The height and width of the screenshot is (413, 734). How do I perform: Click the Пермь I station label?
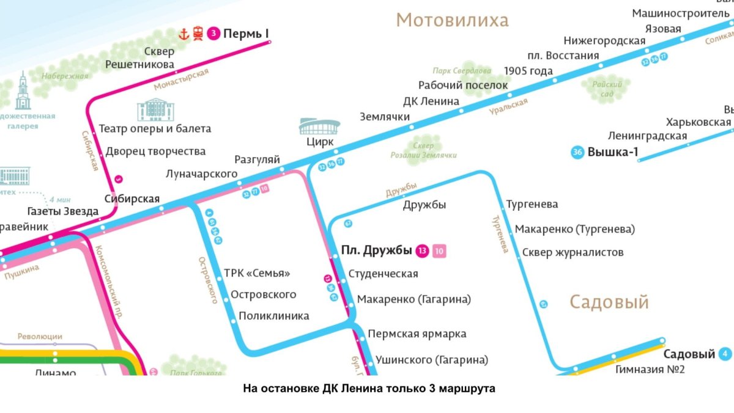pyautogui.click(x=246, y=34)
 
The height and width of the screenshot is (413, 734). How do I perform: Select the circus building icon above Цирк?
pyautogui.click(x=319, y=126)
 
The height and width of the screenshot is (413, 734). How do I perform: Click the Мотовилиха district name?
pyautogui.click(x=452, y=20)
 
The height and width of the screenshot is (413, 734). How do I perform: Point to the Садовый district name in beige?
pyautogui.click(x=609, y=302)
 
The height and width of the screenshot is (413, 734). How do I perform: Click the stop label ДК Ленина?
pyautogui.click(x=431, y=101)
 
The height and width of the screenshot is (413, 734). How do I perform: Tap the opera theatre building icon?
pyautogui.click(x=156, y=110)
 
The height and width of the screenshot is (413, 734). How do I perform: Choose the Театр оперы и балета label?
pyautogui.click(x=155, y=129)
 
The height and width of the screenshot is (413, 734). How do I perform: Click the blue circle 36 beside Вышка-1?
pyautogui.click(x=577, y=153)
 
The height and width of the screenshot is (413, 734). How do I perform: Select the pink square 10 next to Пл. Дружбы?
pyautogui.click(x=439, y=250)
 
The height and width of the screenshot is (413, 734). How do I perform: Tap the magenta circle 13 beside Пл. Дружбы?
pyautogui.click(x=422, y=250)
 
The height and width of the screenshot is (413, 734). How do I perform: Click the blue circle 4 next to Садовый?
pyautogui.click(x=725, y=354)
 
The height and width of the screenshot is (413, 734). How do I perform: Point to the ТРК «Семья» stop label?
pyautogui.click(x=257, y=273)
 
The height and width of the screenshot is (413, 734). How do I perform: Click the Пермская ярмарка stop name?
pyautogui.click(x=417, y=334)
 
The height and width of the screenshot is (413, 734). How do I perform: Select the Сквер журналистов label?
pyautogui.click(x=573, y=252)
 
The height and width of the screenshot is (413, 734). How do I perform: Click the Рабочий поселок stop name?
pyautogui.click(x=463, y=86)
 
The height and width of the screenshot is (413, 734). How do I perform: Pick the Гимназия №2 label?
pyautogui.click(x=650, y=369)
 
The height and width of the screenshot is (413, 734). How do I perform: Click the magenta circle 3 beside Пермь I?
pyautogui.click(x=213, y=34)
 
